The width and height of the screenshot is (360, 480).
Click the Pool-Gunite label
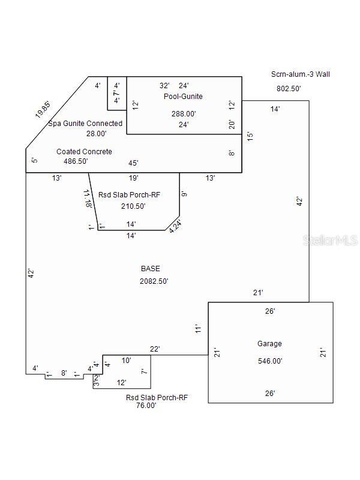183,96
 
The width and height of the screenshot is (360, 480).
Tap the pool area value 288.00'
184,113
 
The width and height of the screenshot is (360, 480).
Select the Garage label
269,344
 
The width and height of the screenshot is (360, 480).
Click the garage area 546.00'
270,361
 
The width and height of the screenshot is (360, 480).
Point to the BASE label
150,269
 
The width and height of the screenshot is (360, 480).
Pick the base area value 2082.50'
154,281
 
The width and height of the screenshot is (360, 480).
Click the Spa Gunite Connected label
85,124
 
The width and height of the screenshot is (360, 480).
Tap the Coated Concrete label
84,152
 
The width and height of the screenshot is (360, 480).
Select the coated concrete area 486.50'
84,162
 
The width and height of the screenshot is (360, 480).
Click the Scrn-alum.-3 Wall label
300,74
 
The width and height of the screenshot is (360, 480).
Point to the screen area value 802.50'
288,88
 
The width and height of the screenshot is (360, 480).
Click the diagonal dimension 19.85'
42,109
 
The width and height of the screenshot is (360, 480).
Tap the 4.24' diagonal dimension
175,226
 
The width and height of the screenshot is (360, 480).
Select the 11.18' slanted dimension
88,199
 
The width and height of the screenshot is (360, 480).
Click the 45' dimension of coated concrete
134,163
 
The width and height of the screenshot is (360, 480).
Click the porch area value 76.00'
146,406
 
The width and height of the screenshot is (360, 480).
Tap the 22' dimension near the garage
154,349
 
